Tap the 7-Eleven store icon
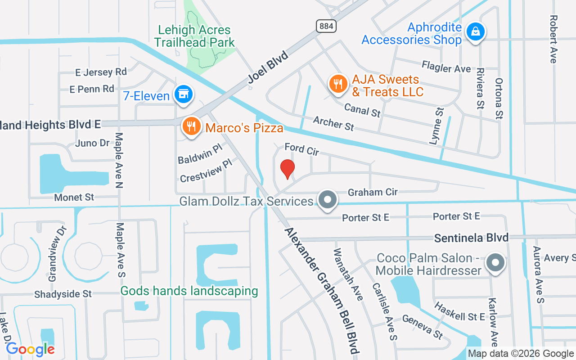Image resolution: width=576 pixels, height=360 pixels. (184, 94)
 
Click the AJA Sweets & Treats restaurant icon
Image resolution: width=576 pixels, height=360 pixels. (337, 84)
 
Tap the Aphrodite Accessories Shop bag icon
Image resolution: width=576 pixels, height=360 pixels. (475, 32)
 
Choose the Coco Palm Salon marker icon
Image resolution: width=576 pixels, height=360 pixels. (495, 262)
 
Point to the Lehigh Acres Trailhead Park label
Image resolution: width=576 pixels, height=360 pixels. (194, 36)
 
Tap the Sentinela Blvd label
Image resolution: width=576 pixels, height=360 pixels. (471, 238)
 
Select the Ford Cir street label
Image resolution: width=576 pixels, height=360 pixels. (301, 149)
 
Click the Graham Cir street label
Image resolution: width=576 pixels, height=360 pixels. (373, 192)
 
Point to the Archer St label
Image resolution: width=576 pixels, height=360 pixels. (333, 123)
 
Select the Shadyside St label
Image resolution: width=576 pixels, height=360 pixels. (63, 294)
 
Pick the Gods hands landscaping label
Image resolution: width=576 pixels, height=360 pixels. (189, 291)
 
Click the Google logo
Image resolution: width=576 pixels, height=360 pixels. (30, 349)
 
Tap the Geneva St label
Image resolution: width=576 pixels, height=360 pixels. (423, 327)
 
